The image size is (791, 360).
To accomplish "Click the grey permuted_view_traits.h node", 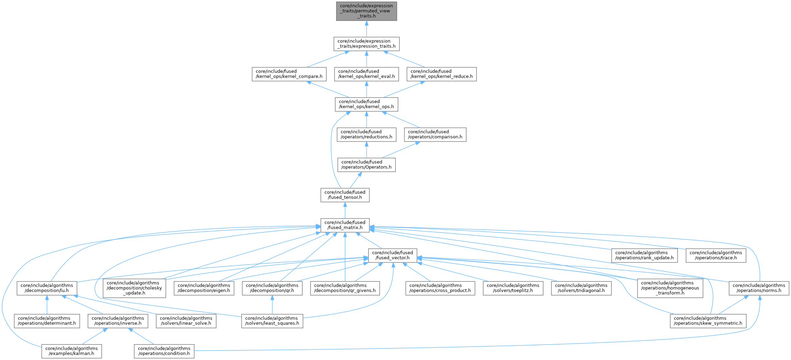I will [x=366, y=11].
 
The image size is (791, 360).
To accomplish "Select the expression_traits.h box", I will [x=366, y=44].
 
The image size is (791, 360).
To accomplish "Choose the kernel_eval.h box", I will [x=366, y=74].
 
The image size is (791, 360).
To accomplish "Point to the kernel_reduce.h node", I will [x=442, y=74].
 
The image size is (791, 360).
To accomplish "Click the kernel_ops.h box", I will [x=366, y=104].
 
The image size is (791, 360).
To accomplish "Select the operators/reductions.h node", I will [x=366, y=134].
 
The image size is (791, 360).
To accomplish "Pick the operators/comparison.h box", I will [x=435, y=134].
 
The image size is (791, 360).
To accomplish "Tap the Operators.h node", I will [x=366, y=165].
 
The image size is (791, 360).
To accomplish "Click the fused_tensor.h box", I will [x=345, y=195].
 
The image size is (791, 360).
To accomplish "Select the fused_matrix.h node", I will [x=345, y=225].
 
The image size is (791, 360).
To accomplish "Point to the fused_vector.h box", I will [x=393, y=255].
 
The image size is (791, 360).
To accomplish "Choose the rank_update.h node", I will [x=644, y=255].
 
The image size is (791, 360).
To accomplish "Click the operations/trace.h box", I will [x=716, y=255].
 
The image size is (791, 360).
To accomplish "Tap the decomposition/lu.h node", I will [x=47, y=288].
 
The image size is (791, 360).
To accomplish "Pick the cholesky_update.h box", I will [x=134, y=288].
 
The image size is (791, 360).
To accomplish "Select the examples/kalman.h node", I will [x=71, y=351].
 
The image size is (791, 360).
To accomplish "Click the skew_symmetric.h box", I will [x=708, y=321].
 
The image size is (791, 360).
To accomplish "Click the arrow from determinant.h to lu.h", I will [x=47, y=305].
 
